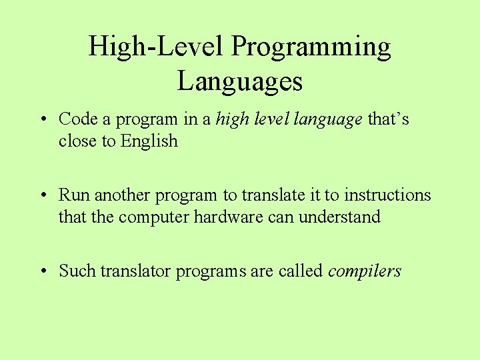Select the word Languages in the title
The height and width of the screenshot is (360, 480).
[240, 81]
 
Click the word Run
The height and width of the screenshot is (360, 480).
[74, 195]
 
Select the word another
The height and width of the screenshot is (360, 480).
[123, 195]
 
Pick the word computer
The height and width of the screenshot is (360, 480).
[154, 217]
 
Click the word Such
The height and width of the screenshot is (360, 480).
[77, 271]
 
